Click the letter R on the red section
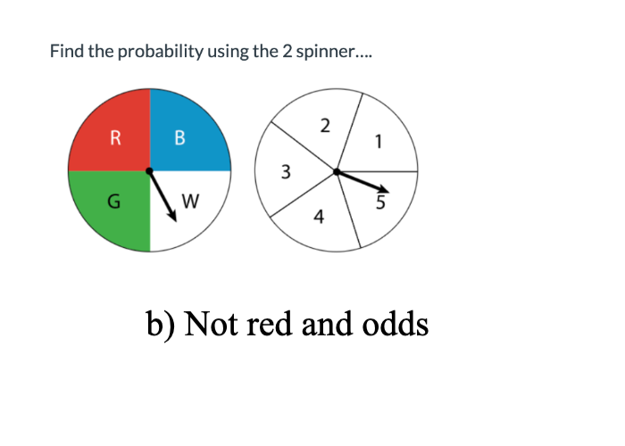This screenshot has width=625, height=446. tap(115, 137)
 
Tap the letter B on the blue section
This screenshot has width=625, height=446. tap(180, 137)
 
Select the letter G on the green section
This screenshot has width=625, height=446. tap(113, 202)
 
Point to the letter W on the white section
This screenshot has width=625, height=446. tap(190, 202)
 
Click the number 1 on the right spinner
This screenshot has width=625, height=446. tap(379, 140)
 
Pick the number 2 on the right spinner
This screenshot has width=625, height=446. tap(325, 125)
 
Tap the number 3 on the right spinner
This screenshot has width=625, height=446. tap(286, 172)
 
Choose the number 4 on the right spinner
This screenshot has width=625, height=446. tap(319, 216)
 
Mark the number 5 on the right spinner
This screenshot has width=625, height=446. tap(380, 202)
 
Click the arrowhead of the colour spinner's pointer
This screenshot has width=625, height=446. tap(172, 217)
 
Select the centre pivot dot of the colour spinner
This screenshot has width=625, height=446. tap(149, 170)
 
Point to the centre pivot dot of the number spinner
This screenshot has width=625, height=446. tap(337, 171)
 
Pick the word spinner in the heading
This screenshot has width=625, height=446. tap(331, 52)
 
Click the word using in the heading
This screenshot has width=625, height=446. tap(228, 52)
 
